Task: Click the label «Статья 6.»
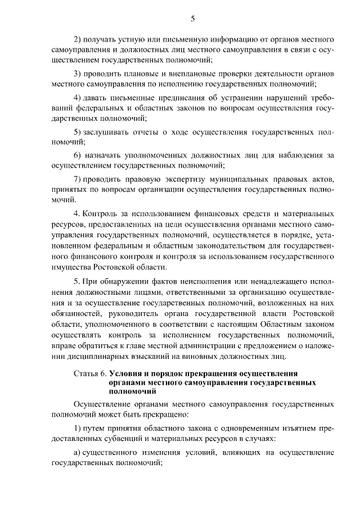[x=90, y=373]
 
